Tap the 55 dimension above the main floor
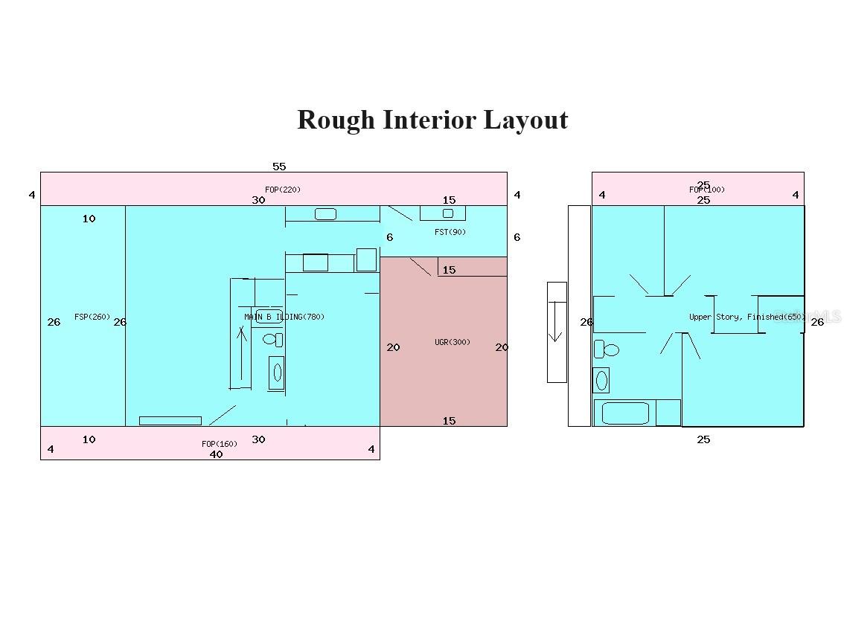click(279, 167)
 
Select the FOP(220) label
click(283, 190)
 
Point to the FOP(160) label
click(220, 444)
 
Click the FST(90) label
click(450, 232)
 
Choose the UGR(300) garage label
click(453, 342)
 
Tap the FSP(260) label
click(92, 317)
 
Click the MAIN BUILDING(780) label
click(284, 317)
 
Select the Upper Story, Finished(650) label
click(747, 317)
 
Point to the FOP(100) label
click(706, 190)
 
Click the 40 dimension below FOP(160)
click(216, 454)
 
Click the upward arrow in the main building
click(241, 357)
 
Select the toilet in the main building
click(273, 340)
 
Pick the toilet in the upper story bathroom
click(607, 349)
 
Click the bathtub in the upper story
click(624, 413)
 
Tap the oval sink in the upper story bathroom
click(601, 380)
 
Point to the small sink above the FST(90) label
click(448, 213)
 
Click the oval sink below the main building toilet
click(278, 373)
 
